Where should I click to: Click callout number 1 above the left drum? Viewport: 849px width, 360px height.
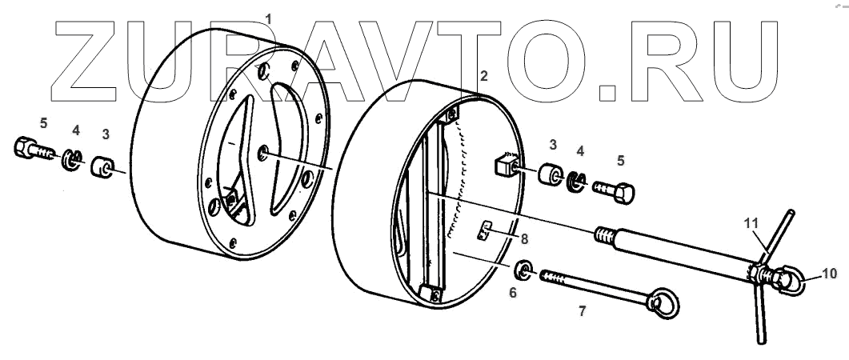coord(269,18)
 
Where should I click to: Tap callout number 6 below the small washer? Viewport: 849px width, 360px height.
coord(513,294)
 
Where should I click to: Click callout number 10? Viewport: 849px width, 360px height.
coord(829,274)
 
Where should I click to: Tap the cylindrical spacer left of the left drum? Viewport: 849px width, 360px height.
coord(102,169)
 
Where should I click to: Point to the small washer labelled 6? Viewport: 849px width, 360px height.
coord(525,270)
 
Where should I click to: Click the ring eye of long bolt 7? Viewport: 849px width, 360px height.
coord(663,302)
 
